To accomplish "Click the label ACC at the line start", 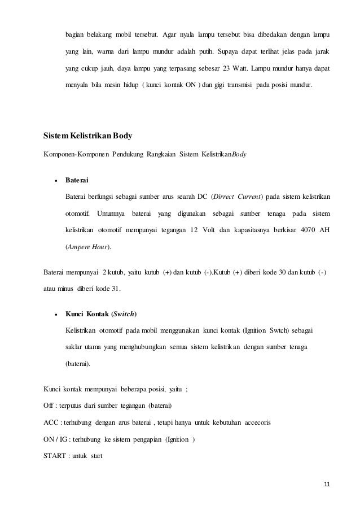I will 50,422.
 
